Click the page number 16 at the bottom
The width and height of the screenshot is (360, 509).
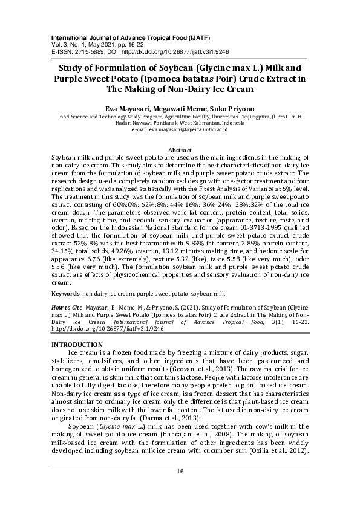click(180, 488)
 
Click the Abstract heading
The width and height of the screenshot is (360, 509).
click(180, 150)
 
